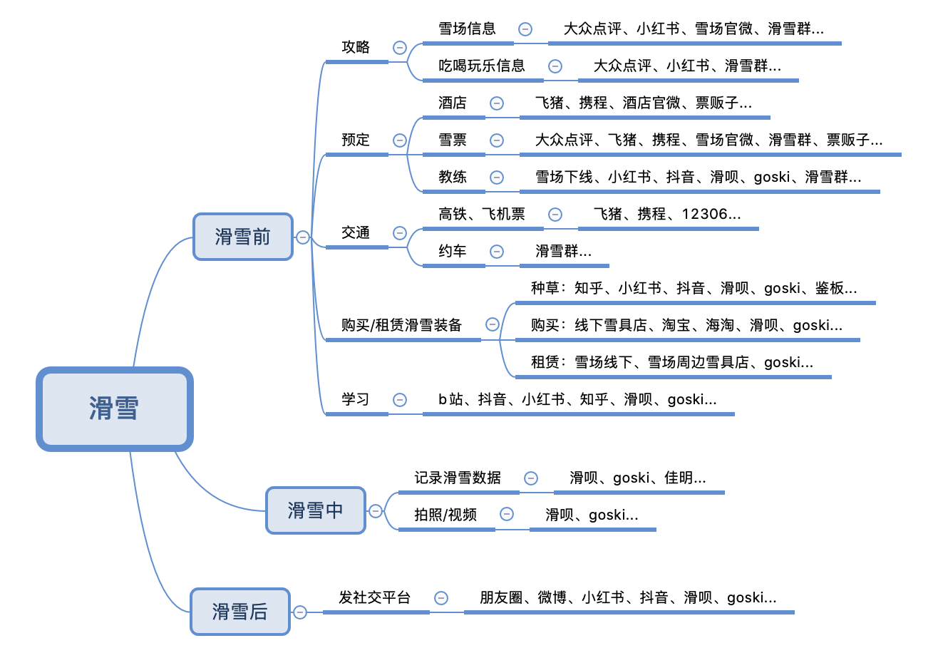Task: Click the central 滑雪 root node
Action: tap(115, 408)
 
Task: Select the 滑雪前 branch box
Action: tap(242, 237)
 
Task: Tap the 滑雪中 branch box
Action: tap(315, 510)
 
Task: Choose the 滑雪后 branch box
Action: tap(239, 612)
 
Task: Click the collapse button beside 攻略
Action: tap(400, 48)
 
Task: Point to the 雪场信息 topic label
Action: tap(467, 29)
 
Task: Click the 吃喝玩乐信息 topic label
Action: tap(481, 66)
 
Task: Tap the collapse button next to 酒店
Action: tap(497, 103)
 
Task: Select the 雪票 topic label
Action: tap(453, 140)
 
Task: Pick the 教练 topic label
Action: tap(453, 178)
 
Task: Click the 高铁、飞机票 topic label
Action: tap(481, 215)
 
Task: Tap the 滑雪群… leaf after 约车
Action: tap(563, 252)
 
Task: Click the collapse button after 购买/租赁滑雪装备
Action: tap(493, 324)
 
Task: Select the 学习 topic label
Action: tap(356, 400)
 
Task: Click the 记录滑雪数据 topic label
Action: tap(458, 478)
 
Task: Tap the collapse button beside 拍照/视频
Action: tap(507, 514)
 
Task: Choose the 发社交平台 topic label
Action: tap(374, 598)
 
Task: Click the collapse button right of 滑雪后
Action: tap(300, 612)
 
